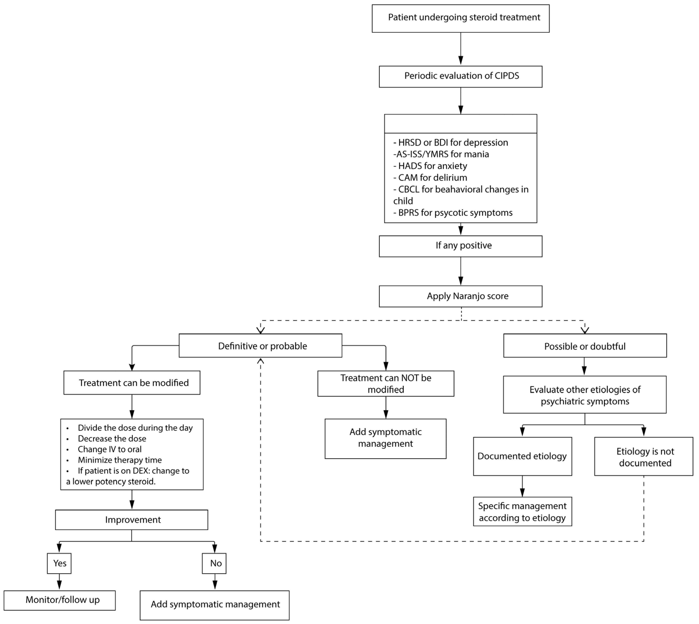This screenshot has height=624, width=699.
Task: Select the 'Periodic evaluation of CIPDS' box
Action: (460, 76)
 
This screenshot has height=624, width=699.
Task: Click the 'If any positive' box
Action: (460, 246)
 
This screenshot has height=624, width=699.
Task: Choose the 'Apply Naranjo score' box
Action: (460, 296)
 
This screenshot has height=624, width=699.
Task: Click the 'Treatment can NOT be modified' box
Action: (386, 384)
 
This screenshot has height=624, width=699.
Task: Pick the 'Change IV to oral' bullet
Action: (109, 449)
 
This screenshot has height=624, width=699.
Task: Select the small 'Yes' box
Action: (59, 563)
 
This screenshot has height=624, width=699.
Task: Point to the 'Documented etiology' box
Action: (522, 456)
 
